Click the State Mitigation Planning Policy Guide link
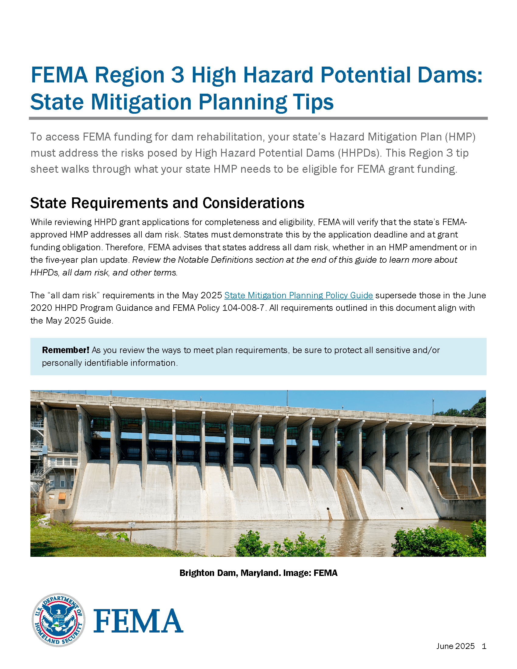click(x=298, y=295)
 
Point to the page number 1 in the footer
click(x=484, y=646)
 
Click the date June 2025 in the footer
click(x=455, y=646)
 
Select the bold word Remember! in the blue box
click(x=66, y=350)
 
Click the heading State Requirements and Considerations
click(x=167, y=203)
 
